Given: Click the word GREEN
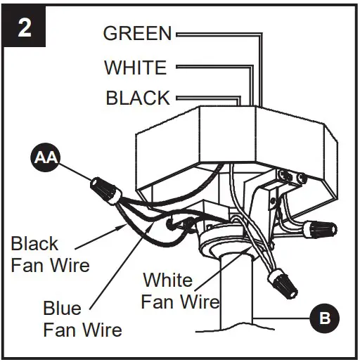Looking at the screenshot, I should [137, 33].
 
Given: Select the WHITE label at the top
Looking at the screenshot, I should [136, 67].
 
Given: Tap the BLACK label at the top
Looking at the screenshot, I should [138, 98].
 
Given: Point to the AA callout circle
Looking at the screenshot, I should [44, 159].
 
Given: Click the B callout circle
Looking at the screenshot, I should [324, 318].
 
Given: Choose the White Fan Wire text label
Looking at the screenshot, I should [180, 290].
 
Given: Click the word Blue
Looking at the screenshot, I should [62, 309].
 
